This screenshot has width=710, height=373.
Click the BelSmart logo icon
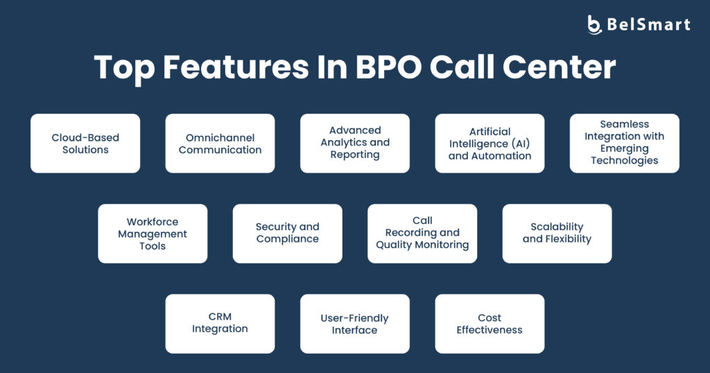tap(594, 24)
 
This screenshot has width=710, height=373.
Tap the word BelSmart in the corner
tap(648, 24)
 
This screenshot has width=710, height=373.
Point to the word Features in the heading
tap(236, 67)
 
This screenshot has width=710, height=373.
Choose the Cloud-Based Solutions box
tap(85, 143)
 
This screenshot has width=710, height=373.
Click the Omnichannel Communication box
tap(220, 143)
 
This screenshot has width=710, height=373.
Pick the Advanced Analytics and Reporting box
tap(355, 143)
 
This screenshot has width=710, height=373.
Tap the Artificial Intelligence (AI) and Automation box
tap(490, 143)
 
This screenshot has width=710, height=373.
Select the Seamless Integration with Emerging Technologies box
tap(625, 143)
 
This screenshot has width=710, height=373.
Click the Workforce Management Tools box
tap(153, 234)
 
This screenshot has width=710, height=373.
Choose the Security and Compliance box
tap(288, 234)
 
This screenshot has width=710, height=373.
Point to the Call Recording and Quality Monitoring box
tap(422, 234)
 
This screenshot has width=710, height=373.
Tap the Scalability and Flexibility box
tap(557, 234)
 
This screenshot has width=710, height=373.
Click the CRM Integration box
tap(220, 324)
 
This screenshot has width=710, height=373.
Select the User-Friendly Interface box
tap(355, 324)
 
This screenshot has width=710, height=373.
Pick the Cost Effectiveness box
tap(490, 324)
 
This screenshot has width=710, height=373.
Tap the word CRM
tap(220, 316)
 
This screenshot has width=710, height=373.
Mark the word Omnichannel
tap(220, 137)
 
